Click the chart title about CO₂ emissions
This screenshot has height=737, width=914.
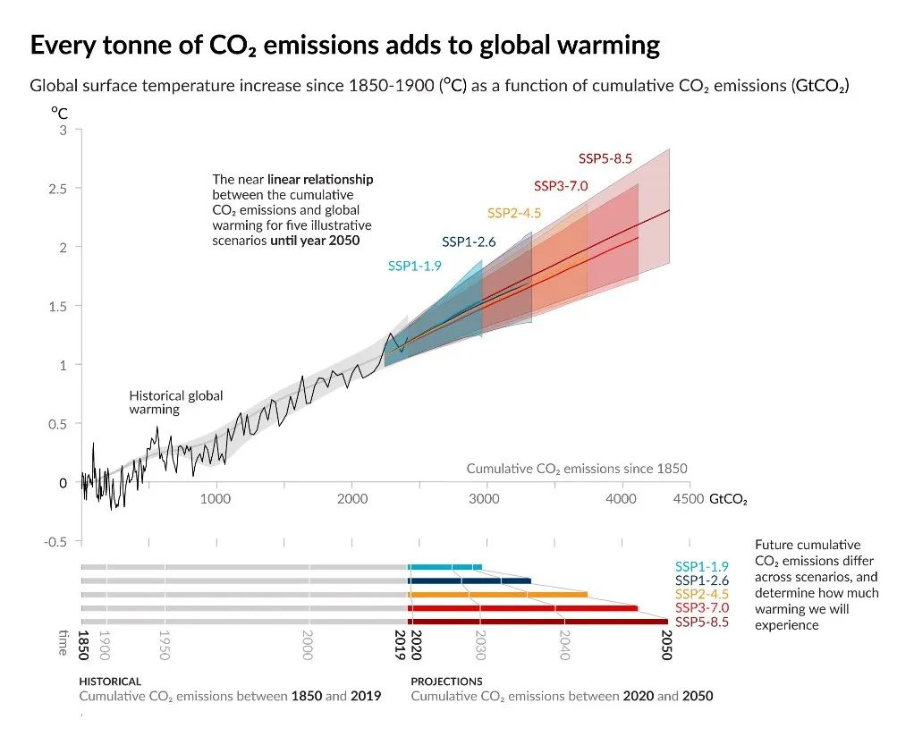point(344,46)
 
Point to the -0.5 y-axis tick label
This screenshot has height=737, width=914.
point(57,541)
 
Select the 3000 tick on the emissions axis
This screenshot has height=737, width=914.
point(484,498)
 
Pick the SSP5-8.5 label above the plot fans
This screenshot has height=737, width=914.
point(605,159)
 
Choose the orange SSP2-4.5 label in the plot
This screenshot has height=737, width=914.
point(513,213)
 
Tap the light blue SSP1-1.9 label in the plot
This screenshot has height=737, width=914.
point(414,266)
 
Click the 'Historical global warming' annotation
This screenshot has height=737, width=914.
point(175,402)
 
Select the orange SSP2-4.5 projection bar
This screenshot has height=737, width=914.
point(497,594)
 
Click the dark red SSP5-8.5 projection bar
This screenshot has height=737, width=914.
point(537,621)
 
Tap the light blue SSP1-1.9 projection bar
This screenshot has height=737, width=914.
point(445,566)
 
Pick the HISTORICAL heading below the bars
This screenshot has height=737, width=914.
point(110,682)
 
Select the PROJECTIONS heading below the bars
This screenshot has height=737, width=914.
point(446,682)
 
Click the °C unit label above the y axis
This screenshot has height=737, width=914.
point(59,114)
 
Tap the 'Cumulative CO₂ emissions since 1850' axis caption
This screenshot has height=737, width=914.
point(576,469)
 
